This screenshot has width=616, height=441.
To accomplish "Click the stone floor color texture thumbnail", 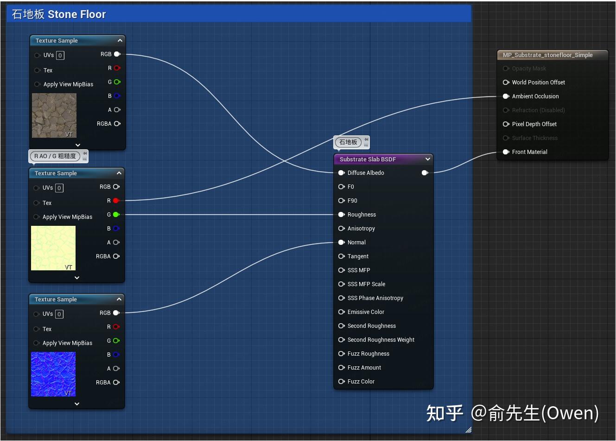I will [x=54, y=115].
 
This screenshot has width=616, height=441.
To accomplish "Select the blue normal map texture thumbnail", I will [x=53, y=374].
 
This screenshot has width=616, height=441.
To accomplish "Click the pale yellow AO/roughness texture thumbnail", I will [x=53, y=248].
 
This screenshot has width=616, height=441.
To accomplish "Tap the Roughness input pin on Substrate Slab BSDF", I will [x=342, y=215].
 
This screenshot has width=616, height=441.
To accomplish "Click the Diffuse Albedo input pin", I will [x=342, y=173].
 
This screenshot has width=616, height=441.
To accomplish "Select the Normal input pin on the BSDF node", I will [x=342, y=243].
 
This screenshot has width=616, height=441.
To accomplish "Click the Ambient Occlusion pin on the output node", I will [x=506, y=96].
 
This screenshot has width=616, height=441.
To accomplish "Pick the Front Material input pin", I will [x=506, y=152].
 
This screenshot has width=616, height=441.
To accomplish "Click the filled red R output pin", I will [x=116, y=201].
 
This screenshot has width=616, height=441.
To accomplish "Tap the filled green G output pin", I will [x=116, y=215].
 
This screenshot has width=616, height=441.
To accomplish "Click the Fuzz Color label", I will [x=361, y=382].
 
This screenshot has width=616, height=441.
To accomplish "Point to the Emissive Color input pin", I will [x=342, y=312].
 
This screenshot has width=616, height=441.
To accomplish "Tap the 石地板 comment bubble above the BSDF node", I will [x=348, y=142].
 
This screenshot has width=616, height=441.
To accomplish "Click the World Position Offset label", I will [x=538, y=83].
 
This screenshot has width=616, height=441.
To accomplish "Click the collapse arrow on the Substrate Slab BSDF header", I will [x=427, y=159].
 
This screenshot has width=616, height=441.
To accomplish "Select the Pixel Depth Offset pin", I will [x=506, y=124].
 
